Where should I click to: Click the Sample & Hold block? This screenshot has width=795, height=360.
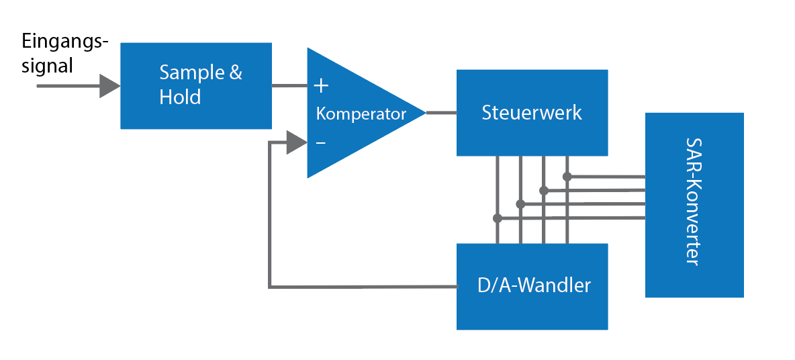(195, 85)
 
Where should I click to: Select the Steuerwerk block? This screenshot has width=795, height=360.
(532, 112)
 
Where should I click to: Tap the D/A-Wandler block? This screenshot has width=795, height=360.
(532, 286)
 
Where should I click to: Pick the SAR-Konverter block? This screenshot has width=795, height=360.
(694, 205)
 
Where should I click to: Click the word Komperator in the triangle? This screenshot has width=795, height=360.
(361, 114)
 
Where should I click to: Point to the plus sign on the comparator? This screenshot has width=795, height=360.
(322, 85)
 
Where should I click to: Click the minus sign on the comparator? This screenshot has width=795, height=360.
(321, 142)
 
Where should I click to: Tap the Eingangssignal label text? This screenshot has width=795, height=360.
(64, 54)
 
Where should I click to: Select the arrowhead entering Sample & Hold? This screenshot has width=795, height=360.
(110, 86)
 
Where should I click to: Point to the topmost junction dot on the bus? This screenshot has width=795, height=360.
(567, 177)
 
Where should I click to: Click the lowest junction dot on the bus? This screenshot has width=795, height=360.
(497, 218)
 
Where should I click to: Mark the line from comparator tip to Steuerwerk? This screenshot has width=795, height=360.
(441, 112)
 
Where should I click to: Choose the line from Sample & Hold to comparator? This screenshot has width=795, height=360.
(289, 85)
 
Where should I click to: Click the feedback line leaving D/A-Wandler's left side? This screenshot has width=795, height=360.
(363, 287)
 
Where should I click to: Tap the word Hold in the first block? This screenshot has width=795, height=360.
(180, 97)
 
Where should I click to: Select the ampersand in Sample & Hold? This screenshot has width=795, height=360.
(235, 73)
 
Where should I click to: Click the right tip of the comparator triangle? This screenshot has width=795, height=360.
(424, 112)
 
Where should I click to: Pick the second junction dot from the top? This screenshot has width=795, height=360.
(544, 191)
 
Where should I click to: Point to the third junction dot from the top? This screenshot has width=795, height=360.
(520, 204)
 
